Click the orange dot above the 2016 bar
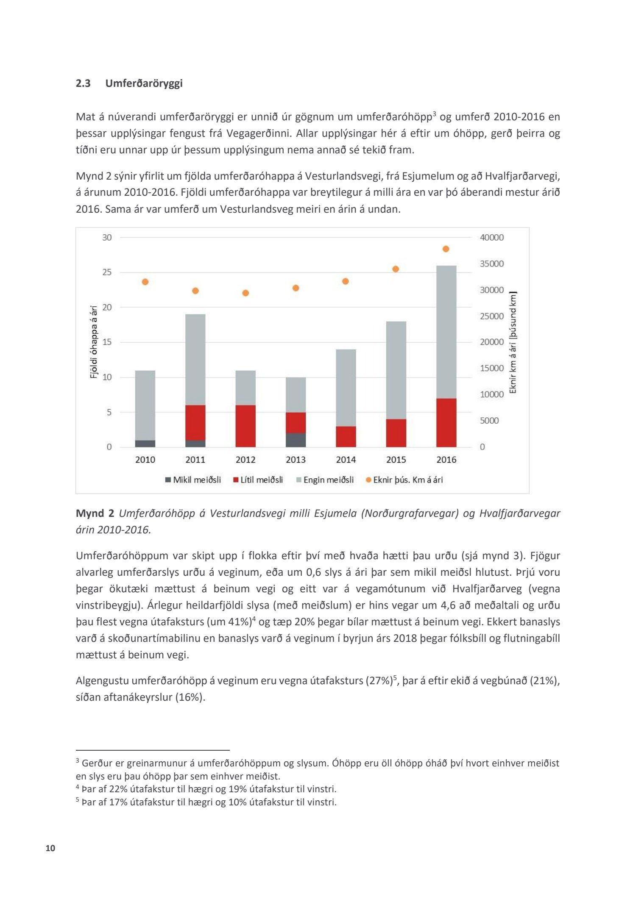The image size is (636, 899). click(x=446, y=249)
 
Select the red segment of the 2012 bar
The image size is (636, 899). click(x=245, y=426)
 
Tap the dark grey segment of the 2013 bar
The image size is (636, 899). click(x=296, y=440)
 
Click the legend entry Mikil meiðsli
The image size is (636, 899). click(x=193, y=480)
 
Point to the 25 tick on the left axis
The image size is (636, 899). click(x=107, y=272)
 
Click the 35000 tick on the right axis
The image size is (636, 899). click(x=492, y=264)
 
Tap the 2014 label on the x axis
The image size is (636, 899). click(x=346, y=460)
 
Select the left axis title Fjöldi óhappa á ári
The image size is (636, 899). click(x=94, y=342)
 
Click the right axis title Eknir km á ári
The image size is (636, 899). click(x=513, y=342)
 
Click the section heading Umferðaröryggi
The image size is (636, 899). click(x=144, y=83)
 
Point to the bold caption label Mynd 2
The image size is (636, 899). click(x=95, y=513)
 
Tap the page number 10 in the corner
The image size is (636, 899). click(x=50, y=848)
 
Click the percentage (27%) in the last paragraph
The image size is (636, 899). click(x=379, y=681)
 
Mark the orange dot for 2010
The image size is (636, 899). click(x=145, y=282)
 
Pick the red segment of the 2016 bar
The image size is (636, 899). click(x=446, y=422)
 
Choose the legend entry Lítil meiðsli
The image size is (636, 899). click(x=258, y=480)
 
